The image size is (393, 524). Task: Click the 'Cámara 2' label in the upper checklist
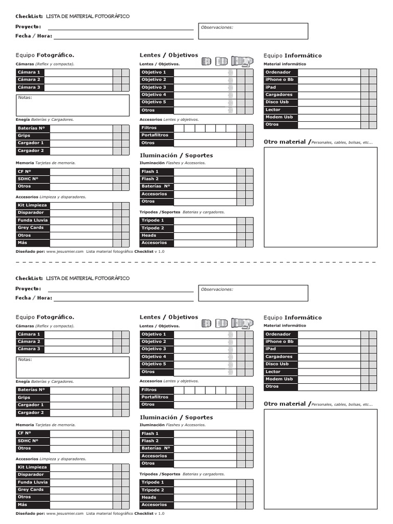pos(29,80)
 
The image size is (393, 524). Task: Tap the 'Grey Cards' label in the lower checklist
pos(31,490)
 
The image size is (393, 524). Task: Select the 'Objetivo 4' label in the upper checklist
pos(154,95)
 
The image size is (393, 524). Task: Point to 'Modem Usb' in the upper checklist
pos(279,117)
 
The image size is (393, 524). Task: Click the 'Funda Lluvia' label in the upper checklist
pos(33,220)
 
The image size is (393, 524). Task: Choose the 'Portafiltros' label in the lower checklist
pos(155,397)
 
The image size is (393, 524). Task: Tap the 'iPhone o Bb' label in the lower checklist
pos(279,341)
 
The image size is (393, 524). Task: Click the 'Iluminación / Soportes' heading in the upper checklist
pos(176,156)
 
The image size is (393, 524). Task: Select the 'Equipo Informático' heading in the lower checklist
pos(293,317)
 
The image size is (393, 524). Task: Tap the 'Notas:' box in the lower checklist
pos(73,367)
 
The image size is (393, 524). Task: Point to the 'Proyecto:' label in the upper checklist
pos(28,27)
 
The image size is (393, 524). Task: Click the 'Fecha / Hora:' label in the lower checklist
pos(34,298)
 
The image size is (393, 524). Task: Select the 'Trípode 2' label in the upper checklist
pos(153,228)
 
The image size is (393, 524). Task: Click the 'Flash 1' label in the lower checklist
pos(150,433)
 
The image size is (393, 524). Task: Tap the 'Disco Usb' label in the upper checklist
pos(277,102)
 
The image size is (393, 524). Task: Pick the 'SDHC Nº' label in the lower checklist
pos(28,441)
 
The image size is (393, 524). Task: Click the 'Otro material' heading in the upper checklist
pos(286,142)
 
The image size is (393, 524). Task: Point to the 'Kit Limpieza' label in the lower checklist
pos(32,467)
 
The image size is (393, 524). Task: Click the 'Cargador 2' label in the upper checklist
pos(31,150)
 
